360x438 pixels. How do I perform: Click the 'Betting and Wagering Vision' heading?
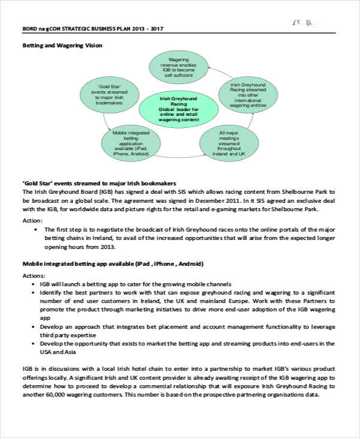pos(62,46)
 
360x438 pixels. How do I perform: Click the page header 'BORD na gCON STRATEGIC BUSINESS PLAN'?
pos(93,28)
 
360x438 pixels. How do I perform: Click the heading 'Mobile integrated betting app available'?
pos(113,263)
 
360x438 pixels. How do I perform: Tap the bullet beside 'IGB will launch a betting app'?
pos(33,283)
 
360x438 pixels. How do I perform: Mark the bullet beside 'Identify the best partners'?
pos(33,292)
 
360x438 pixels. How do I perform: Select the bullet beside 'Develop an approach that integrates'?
pos(33,326)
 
